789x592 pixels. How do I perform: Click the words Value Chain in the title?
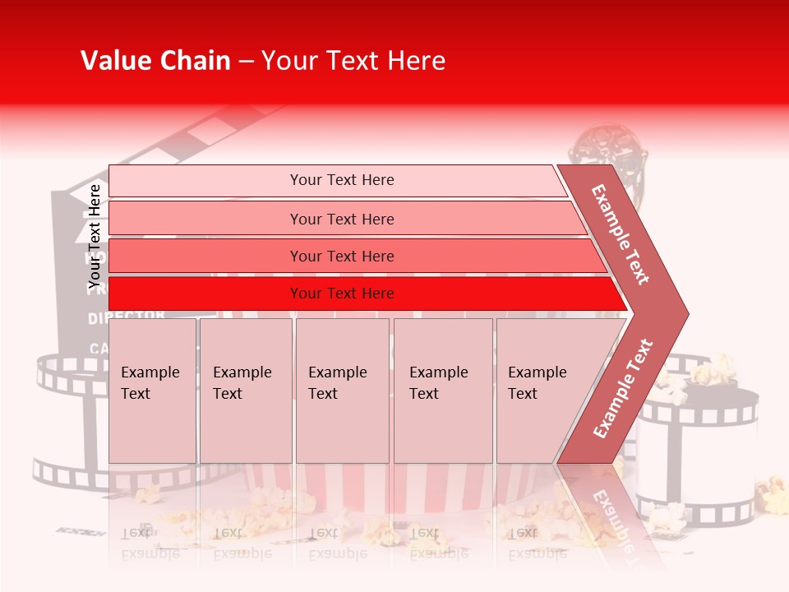point(155,61)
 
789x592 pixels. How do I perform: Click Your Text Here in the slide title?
point(353,61)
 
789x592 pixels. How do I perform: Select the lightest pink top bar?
point(337,180)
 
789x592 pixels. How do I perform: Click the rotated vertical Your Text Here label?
point(95,237)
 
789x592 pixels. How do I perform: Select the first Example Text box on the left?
point(152,391)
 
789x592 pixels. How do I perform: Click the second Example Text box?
point(245,391)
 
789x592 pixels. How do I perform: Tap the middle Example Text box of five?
point(342,391)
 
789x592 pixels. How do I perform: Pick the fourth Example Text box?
point(442,391)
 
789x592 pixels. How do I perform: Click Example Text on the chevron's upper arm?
point(621,234)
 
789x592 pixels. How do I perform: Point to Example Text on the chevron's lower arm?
point(622,389)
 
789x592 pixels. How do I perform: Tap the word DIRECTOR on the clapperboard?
point(127,316)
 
